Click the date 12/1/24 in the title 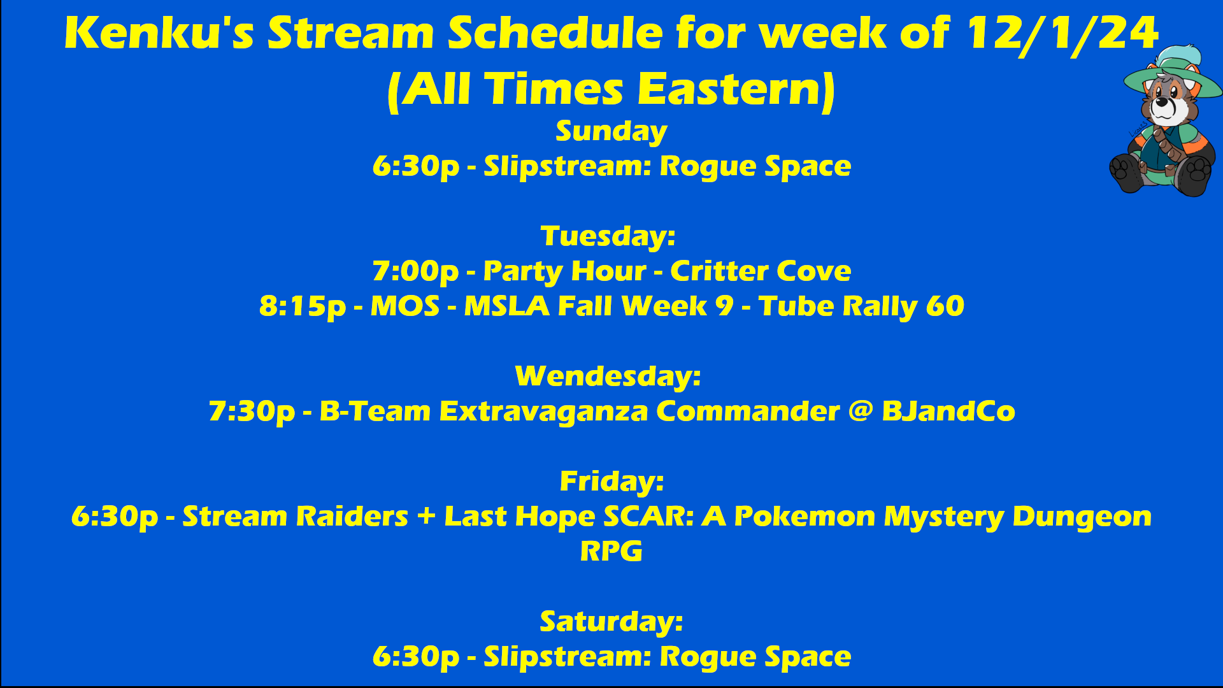(1062, 33)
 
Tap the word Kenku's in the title (159, 33)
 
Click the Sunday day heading (611, 132)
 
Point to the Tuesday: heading (608, 237)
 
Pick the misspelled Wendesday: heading (608, 376)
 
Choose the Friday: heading (611, 482)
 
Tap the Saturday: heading (611, 622)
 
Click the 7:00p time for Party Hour (416, 272)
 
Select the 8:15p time (303, 307)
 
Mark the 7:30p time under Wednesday (252, 412)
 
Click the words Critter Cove (761, 271)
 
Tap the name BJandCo (948, 412)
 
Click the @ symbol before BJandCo (861, 411)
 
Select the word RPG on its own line (611, 552)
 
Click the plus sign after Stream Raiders (426, 517)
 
